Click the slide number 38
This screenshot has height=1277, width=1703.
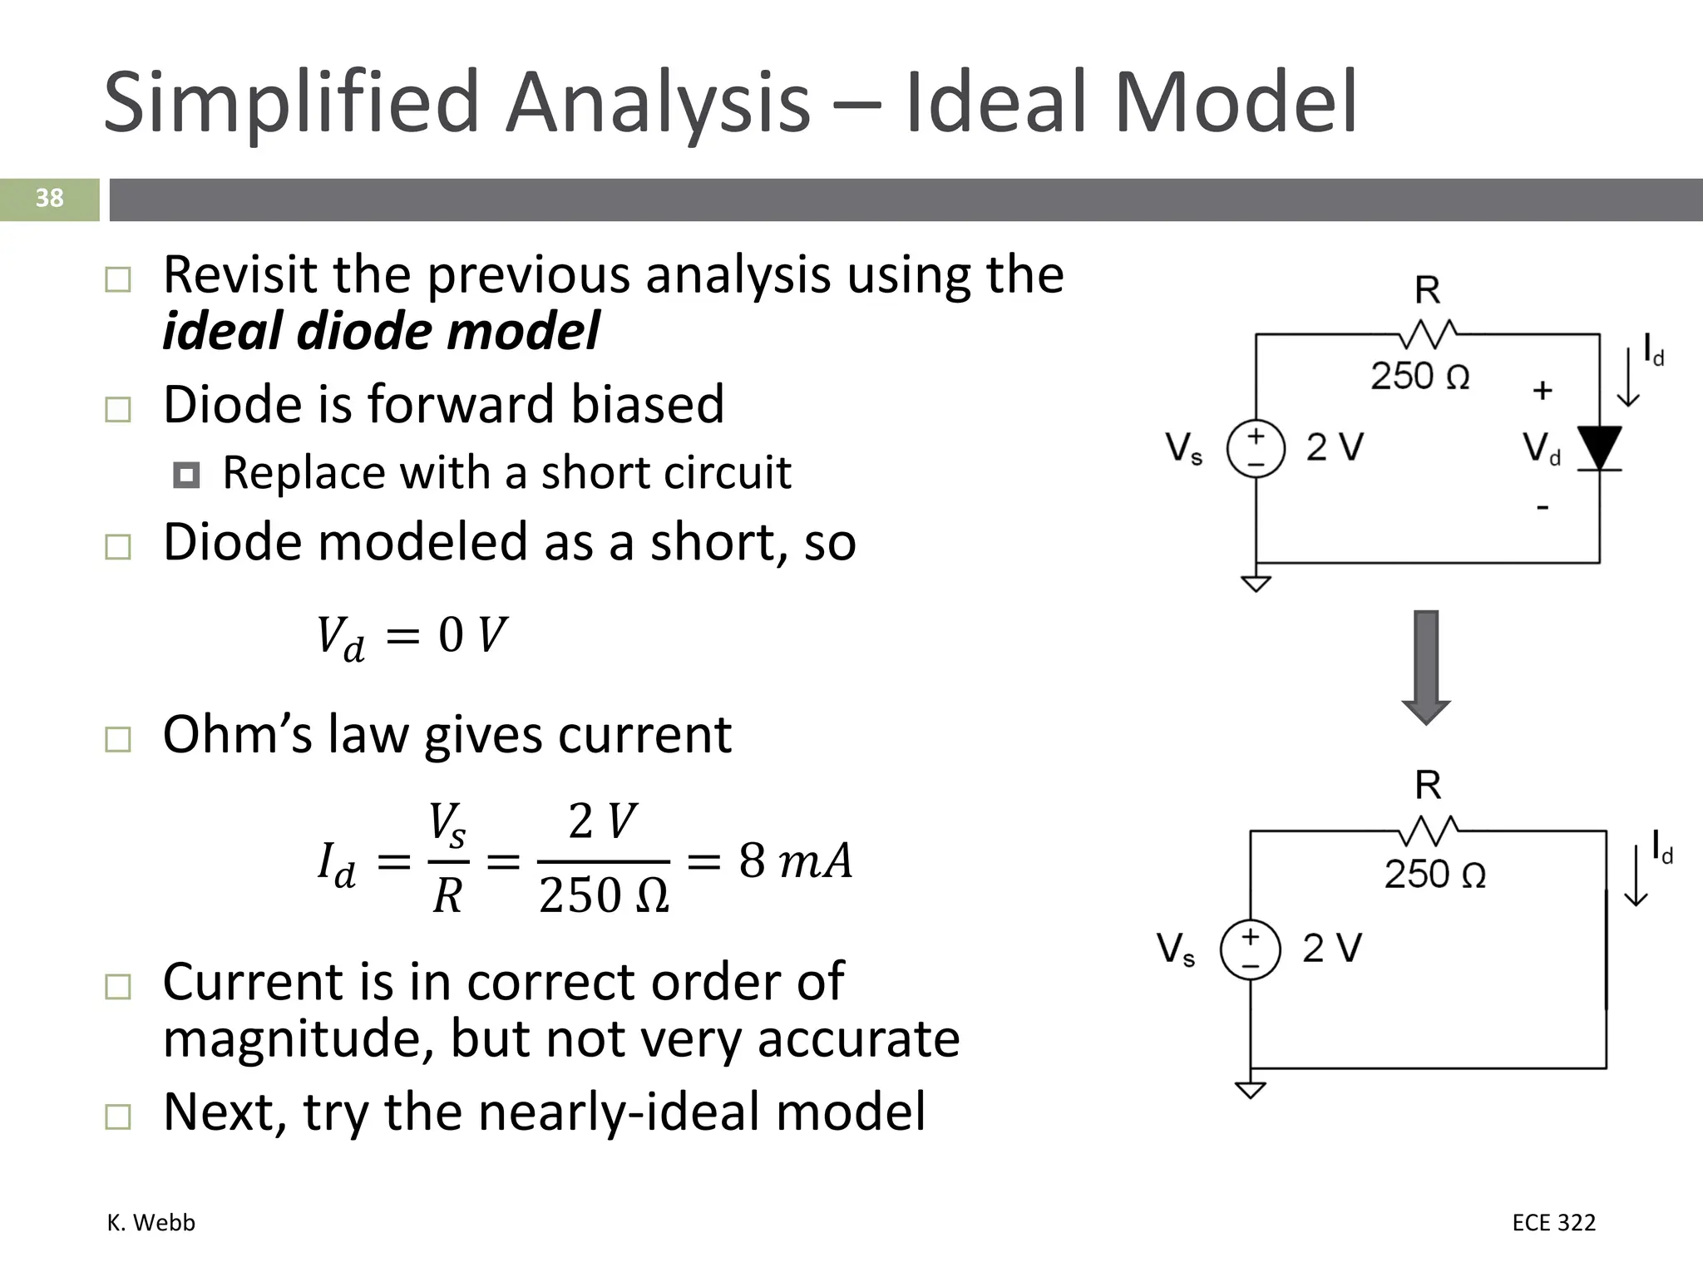(49, 198)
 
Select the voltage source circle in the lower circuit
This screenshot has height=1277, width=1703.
(1250, 949)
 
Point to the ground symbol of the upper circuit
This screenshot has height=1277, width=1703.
(1256, 583)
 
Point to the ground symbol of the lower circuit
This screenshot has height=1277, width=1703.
(1250, 1089)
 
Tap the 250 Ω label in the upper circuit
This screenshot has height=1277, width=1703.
(1419, 376)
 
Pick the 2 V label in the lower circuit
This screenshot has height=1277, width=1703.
(1331, 948)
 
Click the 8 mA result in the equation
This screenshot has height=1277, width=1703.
(795, 860)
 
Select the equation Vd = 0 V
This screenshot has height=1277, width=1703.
(412, 636)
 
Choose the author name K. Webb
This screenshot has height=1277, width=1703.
(151, 1222)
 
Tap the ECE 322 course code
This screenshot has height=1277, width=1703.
(1553, 1222)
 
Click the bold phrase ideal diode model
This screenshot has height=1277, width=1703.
(381, 331)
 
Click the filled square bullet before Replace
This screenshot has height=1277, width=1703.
(186, 476)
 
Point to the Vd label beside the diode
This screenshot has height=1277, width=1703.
(1541, 449)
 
